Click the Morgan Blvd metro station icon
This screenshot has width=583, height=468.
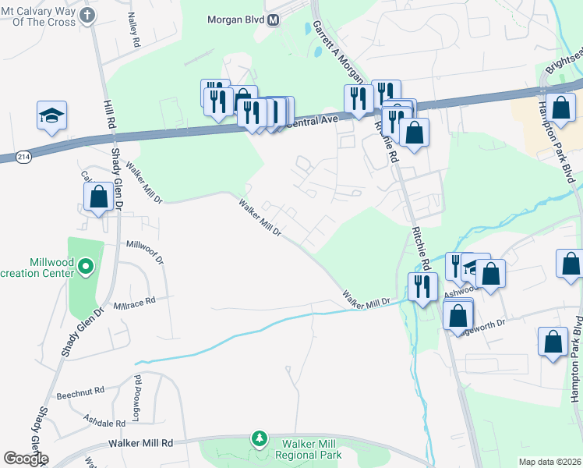tap(273, 20)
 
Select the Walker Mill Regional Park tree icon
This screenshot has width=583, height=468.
tap(259, 440)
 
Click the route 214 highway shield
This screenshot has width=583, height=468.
tap(24, 154)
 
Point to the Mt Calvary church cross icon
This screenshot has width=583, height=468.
tap(87, 15)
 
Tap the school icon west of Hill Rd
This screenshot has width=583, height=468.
tap(51, 116)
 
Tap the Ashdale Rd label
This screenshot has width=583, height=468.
tap(104, 423)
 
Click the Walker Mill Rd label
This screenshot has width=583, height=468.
tap(129, 442)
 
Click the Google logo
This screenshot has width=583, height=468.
tap(26, 459)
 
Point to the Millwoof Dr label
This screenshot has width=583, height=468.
tap(146, 245)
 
